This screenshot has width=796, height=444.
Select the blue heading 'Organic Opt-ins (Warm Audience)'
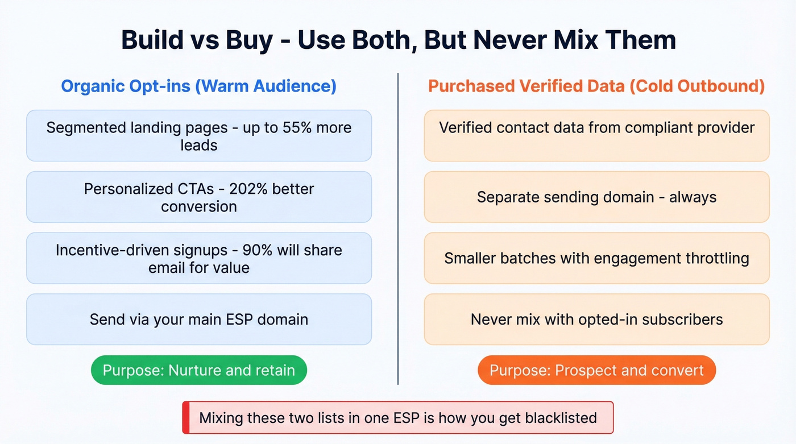198,86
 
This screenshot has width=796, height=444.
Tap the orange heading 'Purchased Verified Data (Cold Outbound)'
596,86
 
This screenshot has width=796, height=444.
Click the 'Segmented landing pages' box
198,136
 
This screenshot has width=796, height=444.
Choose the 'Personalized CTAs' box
198,197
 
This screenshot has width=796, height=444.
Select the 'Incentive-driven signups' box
198,258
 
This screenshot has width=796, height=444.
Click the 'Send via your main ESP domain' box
198,319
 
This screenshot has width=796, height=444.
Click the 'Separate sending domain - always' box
596,197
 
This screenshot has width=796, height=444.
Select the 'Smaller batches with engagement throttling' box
596,258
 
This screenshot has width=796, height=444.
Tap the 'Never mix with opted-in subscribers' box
596,319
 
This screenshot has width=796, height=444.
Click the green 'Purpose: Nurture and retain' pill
198,371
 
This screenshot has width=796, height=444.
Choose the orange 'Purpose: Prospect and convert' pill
596,371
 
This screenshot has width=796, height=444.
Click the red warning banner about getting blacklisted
397,418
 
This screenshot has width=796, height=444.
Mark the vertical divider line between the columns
398,227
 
